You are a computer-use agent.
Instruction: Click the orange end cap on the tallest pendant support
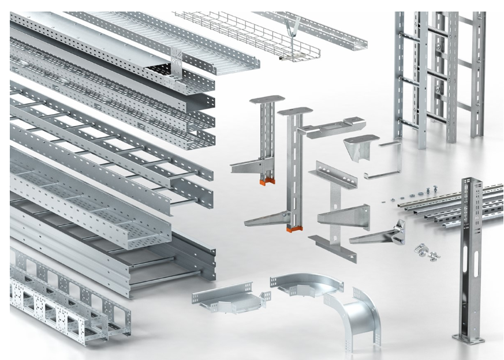[x=293, y=232]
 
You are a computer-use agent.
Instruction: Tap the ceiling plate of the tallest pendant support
[x=295, y=110]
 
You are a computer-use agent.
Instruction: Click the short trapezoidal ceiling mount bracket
[x=361, y=147]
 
